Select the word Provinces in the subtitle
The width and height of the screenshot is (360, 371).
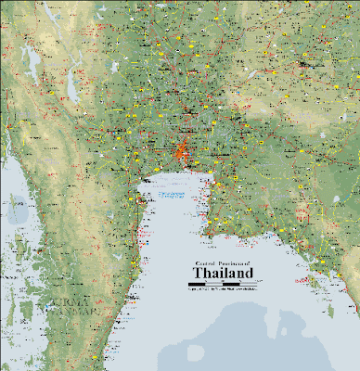coord(225,263)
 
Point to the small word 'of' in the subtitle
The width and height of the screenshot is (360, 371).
coord(247,263)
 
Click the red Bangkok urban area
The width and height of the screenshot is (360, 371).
coord(183,149)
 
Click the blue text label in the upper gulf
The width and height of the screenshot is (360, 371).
coord(171,195)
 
